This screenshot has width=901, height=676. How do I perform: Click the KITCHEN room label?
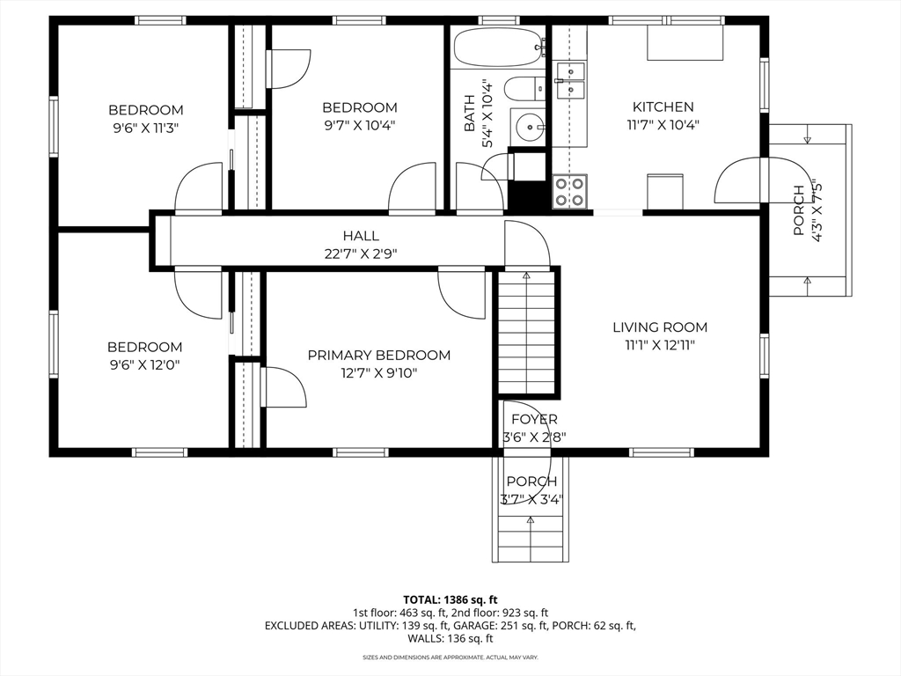(663, 107)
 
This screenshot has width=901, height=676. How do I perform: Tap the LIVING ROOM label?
(660, 327)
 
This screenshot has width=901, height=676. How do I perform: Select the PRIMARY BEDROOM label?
(378, 356)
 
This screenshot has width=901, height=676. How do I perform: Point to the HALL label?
(361, 236)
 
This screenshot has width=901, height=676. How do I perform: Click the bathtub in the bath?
(499, 48)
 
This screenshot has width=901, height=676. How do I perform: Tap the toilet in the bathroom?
(525, 89)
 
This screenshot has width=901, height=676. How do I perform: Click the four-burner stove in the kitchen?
(569, 191)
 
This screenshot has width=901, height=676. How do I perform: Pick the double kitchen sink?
(569, 80)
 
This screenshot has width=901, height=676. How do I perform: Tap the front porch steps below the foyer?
(530, 539)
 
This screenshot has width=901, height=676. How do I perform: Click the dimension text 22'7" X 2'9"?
(361, 253)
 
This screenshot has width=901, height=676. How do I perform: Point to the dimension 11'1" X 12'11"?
(660, 345)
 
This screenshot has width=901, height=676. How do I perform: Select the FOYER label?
(534, 420)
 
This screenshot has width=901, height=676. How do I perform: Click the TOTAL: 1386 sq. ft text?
(450, 600)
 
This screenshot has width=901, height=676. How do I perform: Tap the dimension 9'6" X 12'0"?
(145, 365)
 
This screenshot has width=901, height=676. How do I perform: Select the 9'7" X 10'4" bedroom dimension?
(360, 125)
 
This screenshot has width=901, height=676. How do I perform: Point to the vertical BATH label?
(470, 114)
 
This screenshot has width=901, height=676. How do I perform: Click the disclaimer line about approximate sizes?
(450, 657)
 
